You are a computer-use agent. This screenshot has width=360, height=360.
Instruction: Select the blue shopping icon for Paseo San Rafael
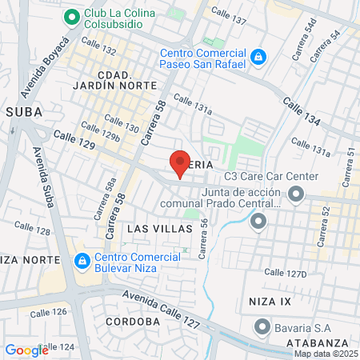pyautogui.click(x=258, y=57)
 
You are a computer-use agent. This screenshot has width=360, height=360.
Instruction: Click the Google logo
pyautogui.click(x=26, y=350)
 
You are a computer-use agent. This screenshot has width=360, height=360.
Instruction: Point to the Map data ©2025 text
pyautogui.click(x=326, y=354)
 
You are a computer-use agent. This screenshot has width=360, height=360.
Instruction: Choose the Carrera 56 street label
pyautogui.click(x=204, y=239)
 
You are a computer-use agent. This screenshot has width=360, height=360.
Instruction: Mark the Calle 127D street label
pyautogui.click(x=285, y=273)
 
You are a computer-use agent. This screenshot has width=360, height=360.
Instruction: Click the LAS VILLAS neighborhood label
pyautogui.click(x=160, y=229)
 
